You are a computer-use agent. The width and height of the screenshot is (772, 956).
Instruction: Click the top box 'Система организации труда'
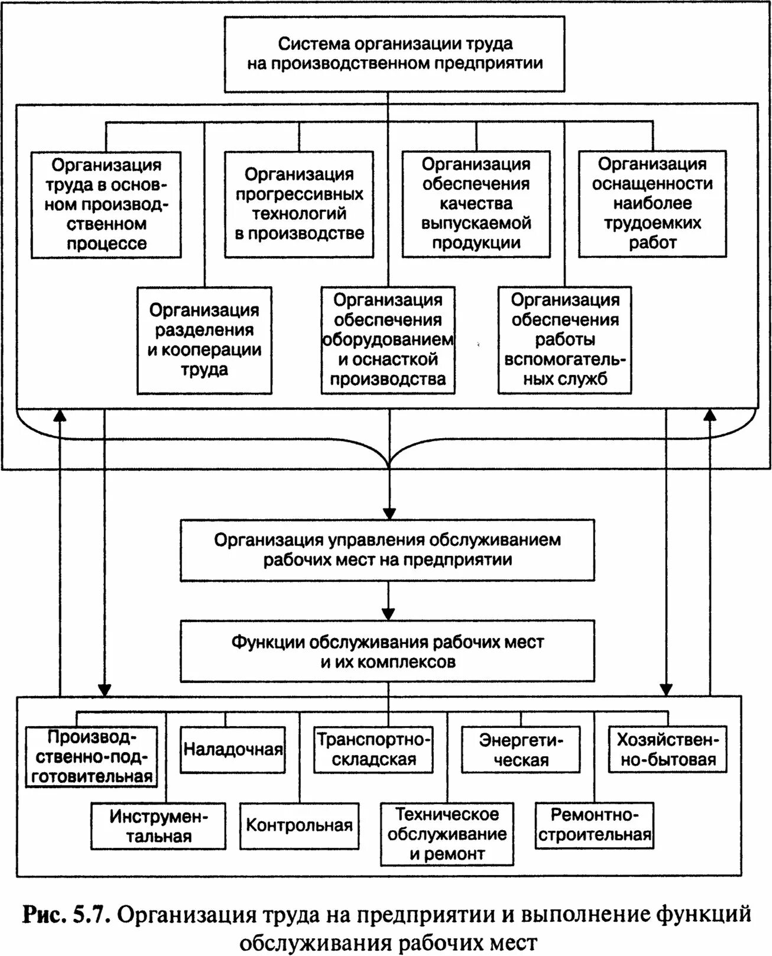pyautogui.click(x=395, y=54)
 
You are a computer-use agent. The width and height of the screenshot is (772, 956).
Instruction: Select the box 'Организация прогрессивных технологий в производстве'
pyautogui.click(x=299, y=204)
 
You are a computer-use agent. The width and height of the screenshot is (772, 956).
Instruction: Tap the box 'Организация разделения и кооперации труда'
pyautogui.click(x=205, y=340)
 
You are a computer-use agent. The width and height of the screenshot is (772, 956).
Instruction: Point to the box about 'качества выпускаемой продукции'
pyautogui.click(x=476, y=204)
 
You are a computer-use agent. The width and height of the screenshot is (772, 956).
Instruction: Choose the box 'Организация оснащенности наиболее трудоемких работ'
pyautogui.click(x=652, y=204)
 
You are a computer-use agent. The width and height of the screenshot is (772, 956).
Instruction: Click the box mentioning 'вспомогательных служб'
pyautogui.click(x=565, y=340)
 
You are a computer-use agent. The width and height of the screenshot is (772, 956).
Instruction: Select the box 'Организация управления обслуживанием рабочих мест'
pyautogui.click(x=387, y=550)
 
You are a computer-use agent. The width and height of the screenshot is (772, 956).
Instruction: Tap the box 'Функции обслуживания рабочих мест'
pyautogui.click(x=387, y=651)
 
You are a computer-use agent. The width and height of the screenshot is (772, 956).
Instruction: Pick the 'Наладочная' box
pyautogui.click(x=233, y=750)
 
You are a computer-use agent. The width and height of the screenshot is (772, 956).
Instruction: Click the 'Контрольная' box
pyautogui.click(x=299, y=825)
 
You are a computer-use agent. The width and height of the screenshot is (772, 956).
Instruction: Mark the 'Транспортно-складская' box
pyautogui.click(x=374, y=750)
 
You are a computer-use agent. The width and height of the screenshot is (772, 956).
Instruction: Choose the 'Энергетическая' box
pyautogui.click(x=521, y=750)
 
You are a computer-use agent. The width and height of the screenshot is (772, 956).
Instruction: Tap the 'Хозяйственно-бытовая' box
pyautogui.click(x=667, y=750)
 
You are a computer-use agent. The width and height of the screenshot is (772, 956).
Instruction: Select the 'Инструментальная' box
pyautogui.click(x=158, y=826)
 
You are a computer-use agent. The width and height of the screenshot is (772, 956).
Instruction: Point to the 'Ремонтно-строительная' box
pyautogui.click(x=595, y=825)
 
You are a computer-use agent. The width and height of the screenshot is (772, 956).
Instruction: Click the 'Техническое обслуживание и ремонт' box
pyautogui.click(x=447, y=834)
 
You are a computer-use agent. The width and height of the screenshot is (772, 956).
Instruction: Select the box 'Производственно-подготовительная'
pyautogui.click(x=92, y=757)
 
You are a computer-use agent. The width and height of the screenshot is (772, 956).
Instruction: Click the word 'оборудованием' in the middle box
pyautogui.click(x=388, y=340)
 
